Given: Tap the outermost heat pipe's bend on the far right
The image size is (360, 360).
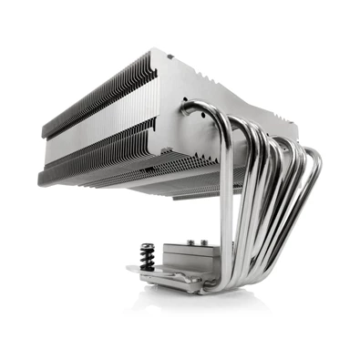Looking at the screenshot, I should (314, 173).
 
